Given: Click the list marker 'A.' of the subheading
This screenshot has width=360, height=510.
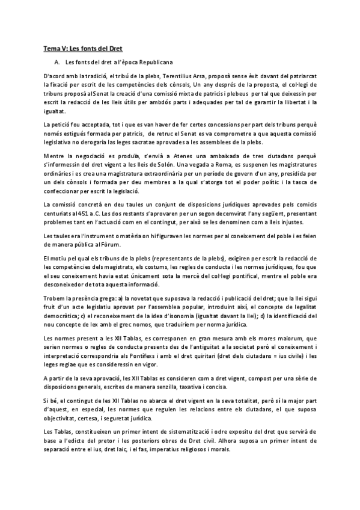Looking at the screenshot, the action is click(x=56, y=61).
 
